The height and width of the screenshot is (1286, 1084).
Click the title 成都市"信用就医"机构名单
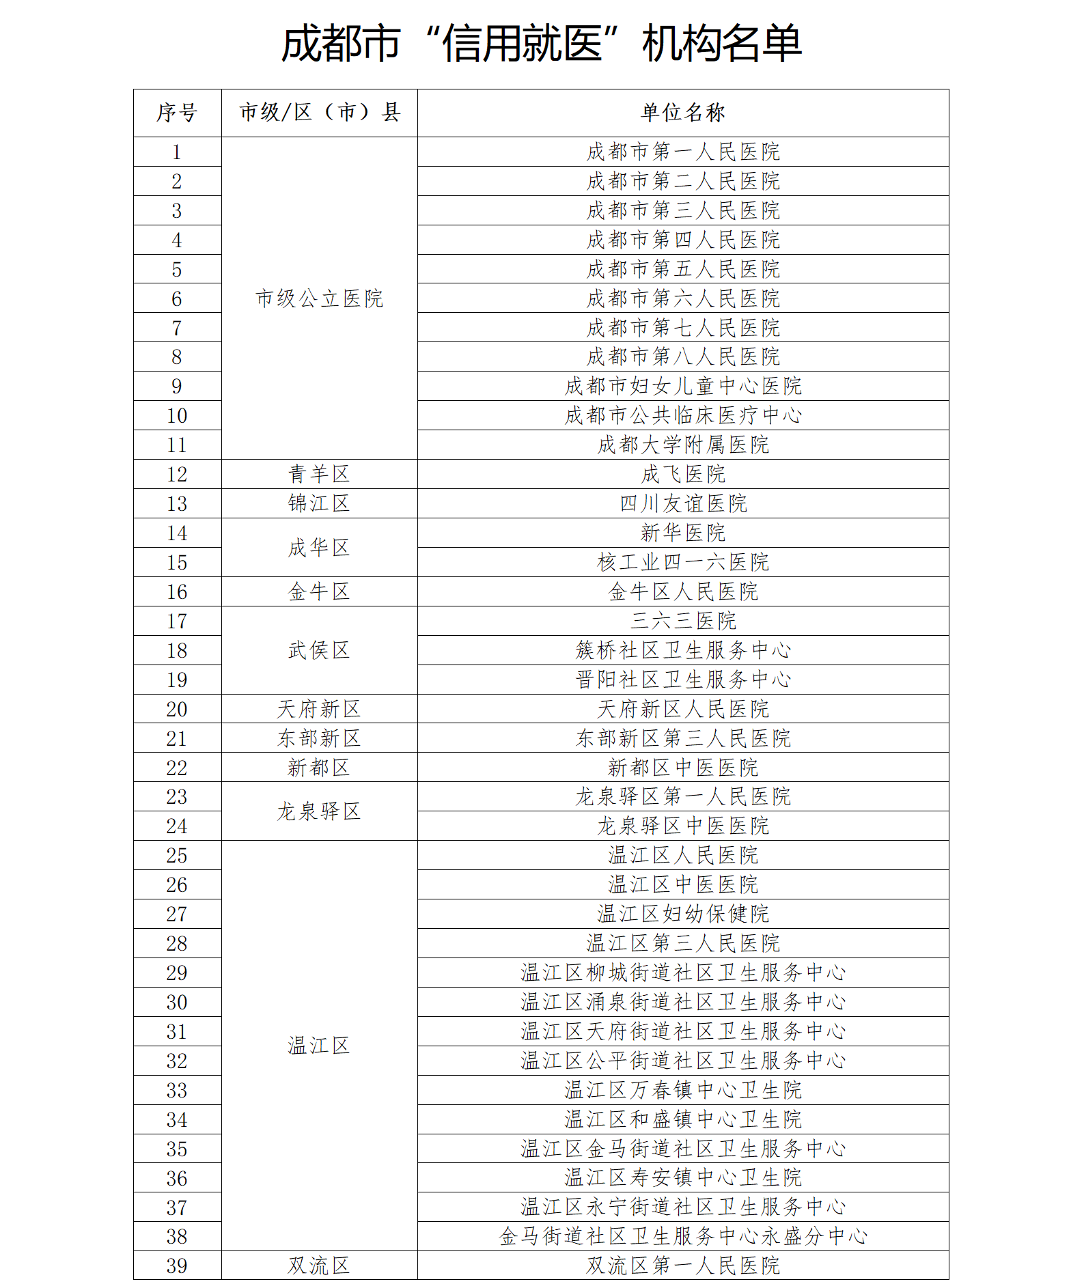coord(542,44)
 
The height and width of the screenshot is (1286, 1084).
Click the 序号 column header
coord(177,113)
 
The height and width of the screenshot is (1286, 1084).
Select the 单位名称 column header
coord(682,113)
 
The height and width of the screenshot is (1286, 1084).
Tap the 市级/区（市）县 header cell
coord(319,113)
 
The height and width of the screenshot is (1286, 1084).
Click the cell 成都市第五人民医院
coord(682,269)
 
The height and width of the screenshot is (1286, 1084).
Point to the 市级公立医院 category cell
coord(319,298)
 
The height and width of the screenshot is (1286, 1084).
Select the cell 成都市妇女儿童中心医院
coord(682,387)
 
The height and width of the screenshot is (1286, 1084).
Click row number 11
coord(177,445)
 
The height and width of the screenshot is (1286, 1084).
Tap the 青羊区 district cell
coord(319,474)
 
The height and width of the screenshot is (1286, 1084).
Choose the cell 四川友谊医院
coord(682,504)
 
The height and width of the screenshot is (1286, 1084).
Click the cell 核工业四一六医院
coord(682,563)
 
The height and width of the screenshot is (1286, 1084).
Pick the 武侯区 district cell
coord(319,650)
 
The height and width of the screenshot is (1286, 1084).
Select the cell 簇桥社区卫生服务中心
coord(682,650)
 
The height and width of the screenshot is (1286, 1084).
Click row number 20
coord(177,710)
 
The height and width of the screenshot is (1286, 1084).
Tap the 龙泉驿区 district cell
coord(319,811)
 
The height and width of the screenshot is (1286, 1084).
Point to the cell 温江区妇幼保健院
coord(682,914)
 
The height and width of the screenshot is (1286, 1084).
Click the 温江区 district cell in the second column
coord(319,1046)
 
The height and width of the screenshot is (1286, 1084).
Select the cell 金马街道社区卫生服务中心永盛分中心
coord(682,1237)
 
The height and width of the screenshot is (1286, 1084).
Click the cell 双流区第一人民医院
coord(682,1266)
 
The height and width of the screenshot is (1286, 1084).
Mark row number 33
coord(177,1091)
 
